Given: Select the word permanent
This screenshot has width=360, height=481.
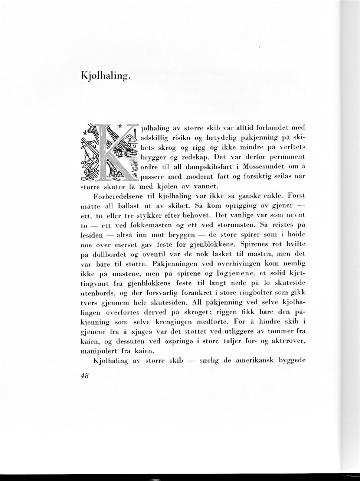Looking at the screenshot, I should click(x=288, y=157).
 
